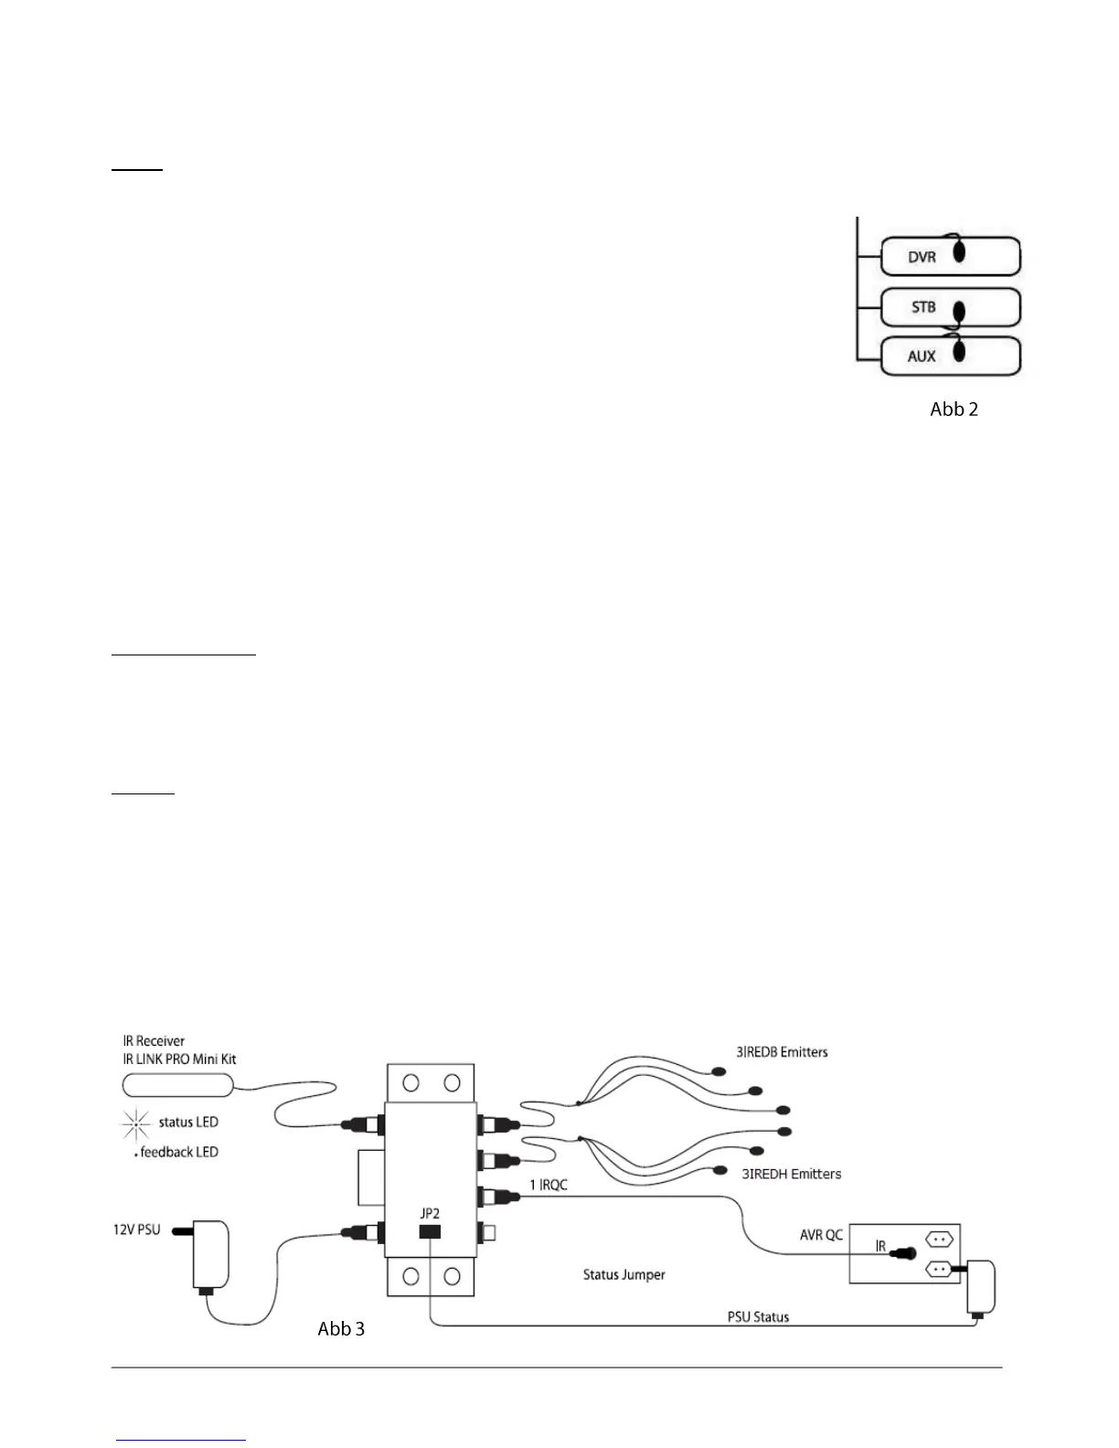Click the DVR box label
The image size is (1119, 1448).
tap(922, 258)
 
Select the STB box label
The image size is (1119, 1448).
tap(923, 307)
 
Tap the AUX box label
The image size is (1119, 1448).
tap(922, 357)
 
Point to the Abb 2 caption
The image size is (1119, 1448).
tap(954, 410)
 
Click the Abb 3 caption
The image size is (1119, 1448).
tap(341, 1329)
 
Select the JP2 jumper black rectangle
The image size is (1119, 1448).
tap(430, 1231)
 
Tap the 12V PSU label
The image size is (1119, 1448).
tap(136, 1230)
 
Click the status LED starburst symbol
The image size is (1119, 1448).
tap(136, 1123)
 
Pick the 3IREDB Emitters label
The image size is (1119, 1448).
tap(782, 1052)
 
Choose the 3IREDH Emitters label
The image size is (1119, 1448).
tap(791, 1174)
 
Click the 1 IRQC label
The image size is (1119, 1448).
tap(549, 1185)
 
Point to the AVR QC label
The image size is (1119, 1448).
tap(821, 1234)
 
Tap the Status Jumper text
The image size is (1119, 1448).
tap(624, 1274)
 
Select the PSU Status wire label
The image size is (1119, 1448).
tap(758, 1317)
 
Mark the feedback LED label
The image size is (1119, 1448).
tap(179, 1152)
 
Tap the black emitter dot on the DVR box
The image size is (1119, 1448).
tap(957, 250)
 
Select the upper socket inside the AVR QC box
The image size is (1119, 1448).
tap(940, 1240)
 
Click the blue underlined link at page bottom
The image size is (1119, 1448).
tap(182, 1439)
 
